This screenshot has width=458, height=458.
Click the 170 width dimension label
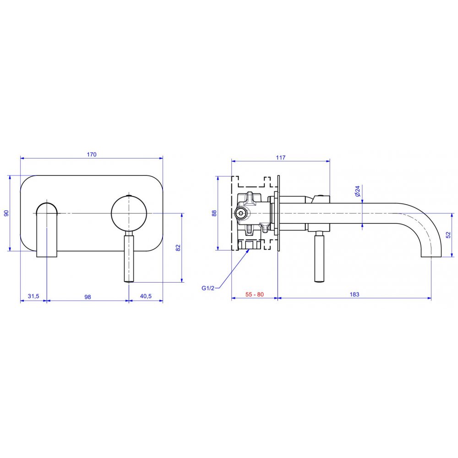click(92, 154)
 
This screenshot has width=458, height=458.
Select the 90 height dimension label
click(6, 213)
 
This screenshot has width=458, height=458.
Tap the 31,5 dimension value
click(33, 296)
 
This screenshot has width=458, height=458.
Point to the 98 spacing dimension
click(87, 297)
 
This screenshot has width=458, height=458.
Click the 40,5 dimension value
click(146, 296)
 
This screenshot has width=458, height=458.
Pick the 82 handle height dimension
click(178, 248)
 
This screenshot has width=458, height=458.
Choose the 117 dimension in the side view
click(281, 158)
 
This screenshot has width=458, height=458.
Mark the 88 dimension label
click(214, 213)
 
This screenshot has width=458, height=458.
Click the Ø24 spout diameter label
click(358, 191)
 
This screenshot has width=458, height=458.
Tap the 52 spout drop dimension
click(448, 235)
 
